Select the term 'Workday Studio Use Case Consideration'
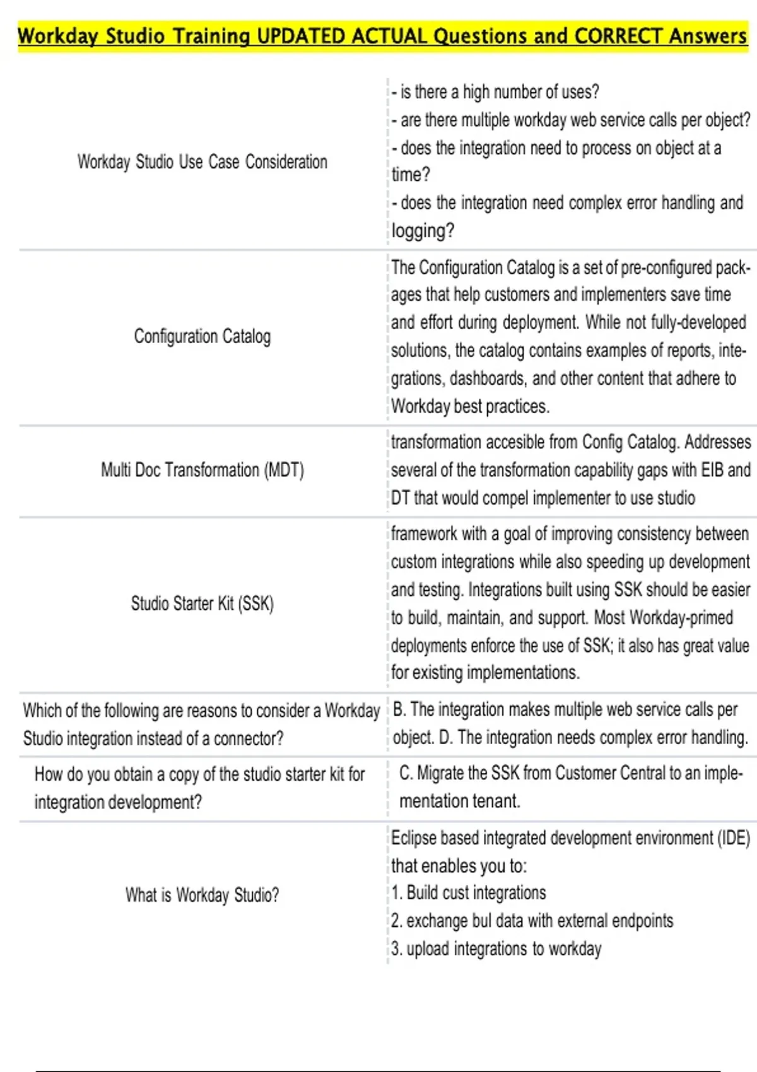point(202,162)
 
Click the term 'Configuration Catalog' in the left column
point(202,336)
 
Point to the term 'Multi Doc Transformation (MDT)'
point(202,470)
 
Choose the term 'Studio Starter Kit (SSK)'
point(202,603)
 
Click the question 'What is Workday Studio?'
point(202,895)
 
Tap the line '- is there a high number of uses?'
point(495,92)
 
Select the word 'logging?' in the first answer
point(422,231)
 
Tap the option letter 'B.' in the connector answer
point(399,710)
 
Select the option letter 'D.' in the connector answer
point(445,738)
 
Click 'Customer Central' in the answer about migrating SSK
point(600,773)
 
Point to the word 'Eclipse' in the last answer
point(413,838)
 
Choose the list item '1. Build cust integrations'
point(468,893)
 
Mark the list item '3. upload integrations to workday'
point(496,949)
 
